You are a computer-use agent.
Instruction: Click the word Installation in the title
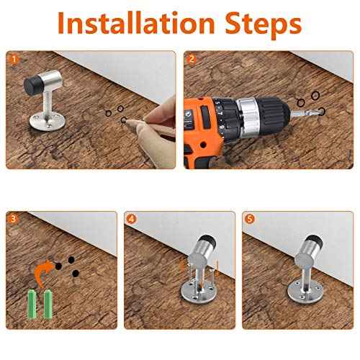click(x=136, y=22)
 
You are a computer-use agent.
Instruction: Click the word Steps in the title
click(x=264, y=25)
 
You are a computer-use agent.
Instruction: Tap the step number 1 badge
click(x=14, y=59)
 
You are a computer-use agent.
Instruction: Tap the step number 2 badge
click(x=192, y=59)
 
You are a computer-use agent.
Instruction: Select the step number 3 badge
click(x=13, y=219)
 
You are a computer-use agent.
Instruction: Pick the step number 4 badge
click(x=131, y=219)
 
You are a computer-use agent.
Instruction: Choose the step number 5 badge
click(x=250, y=219)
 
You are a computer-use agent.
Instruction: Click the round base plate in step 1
click(x=48, y=121)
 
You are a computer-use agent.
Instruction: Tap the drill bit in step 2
click(x=306, y=112)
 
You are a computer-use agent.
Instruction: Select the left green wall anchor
click(x=32, y=305)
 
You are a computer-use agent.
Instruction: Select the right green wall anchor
click(x=48, y=305)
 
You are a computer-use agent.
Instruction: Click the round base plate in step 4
click(x=197, y=292)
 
